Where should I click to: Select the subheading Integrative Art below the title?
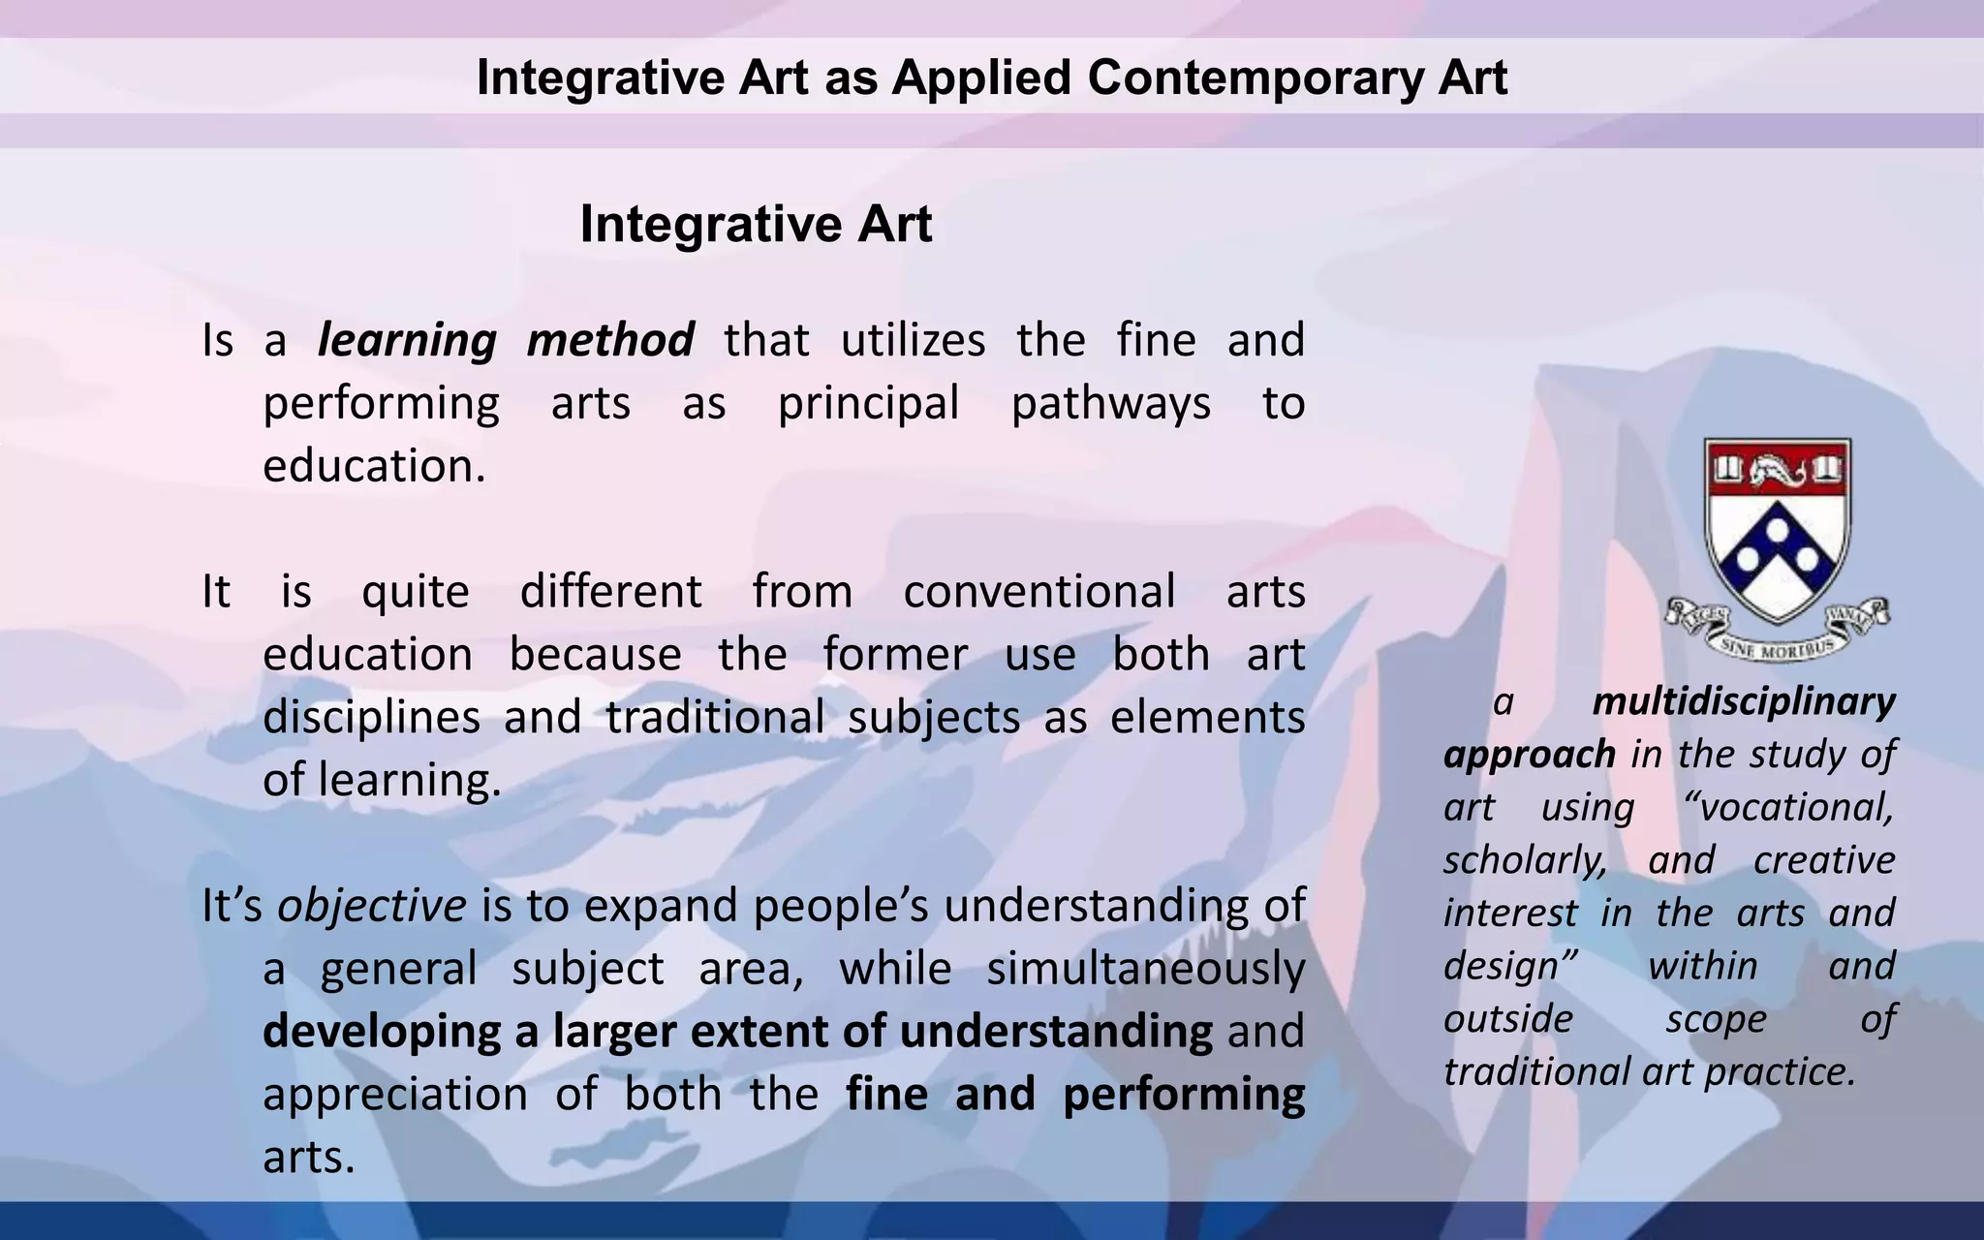[756, 224]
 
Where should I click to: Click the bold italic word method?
[610, 341]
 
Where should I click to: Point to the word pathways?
[1110, 404]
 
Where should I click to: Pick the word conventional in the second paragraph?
[1038, 592]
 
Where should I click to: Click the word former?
[895, 655]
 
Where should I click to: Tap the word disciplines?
[371, 718]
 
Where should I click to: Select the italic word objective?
[372, 906]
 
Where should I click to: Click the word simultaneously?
[1145, 969]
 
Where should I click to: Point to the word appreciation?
[395, 1095]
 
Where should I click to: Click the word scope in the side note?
[1716, 1019]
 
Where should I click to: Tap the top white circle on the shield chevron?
[1778, 528]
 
